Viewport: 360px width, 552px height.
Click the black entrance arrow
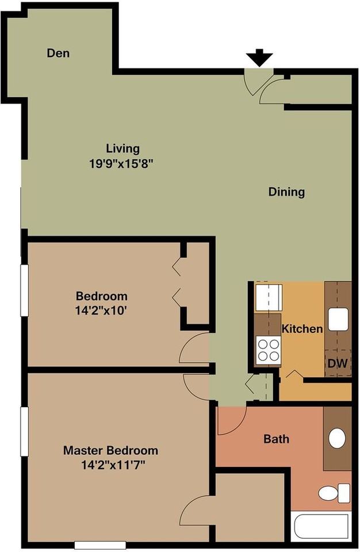[259, 57]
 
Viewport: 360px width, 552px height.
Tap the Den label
[58, 53]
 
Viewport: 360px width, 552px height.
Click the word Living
[122, 148]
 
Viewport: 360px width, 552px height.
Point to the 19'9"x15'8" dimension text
[122, 164]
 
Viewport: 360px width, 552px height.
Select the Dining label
[286, 192]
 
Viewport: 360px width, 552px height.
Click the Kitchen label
[302, 328]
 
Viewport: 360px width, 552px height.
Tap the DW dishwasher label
[338, 363]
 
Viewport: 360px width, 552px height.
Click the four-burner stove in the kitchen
[269, 351]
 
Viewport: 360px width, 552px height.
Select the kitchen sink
[339, 319]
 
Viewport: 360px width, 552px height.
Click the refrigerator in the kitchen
[269, 298]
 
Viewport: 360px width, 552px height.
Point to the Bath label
[277, 439]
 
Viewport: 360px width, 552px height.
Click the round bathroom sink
[337, 438]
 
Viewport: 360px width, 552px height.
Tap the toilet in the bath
[334, 493]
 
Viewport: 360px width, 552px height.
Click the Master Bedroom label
[110, 450]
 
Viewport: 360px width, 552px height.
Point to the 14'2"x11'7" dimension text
[113, 465]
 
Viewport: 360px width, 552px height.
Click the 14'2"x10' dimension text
[101, 310]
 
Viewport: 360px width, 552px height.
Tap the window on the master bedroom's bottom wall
[100, 545]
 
